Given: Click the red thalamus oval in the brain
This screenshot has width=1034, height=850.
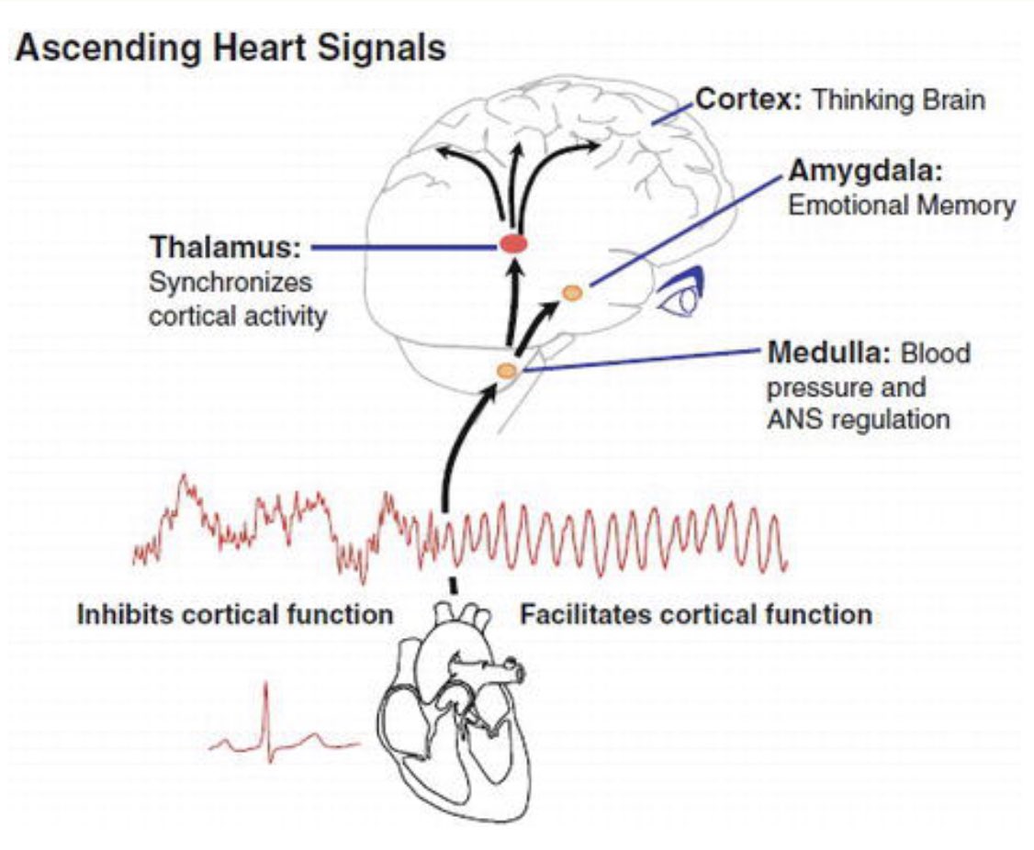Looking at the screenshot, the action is click(x=512, y=244).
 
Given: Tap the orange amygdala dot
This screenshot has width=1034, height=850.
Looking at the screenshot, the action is click(x=571, y=293).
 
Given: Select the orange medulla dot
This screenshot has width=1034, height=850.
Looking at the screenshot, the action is click(x=507, y=370).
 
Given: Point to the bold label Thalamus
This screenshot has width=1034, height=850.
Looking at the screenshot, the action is click(x=225, y=248).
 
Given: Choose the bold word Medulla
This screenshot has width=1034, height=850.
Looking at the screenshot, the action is click(x=828, y=352).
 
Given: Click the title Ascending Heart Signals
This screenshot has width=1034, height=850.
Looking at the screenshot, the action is click(x=230, y=49).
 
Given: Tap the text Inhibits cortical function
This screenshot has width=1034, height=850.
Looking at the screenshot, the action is click(x=234, y=613).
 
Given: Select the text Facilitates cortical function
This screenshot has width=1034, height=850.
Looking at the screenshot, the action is click(x=696, y=613).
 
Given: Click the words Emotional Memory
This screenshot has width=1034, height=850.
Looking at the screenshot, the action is click(x=902, y=206).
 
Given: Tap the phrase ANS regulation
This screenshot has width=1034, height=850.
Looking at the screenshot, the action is click(x=858, y=419).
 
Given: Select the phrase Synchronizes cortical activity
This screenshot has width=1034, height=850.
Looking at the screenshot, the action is click(x=237, y=298).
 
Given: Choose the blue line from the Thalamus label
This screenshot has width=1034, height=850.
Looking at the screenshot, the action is click(x=404, y=246).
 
